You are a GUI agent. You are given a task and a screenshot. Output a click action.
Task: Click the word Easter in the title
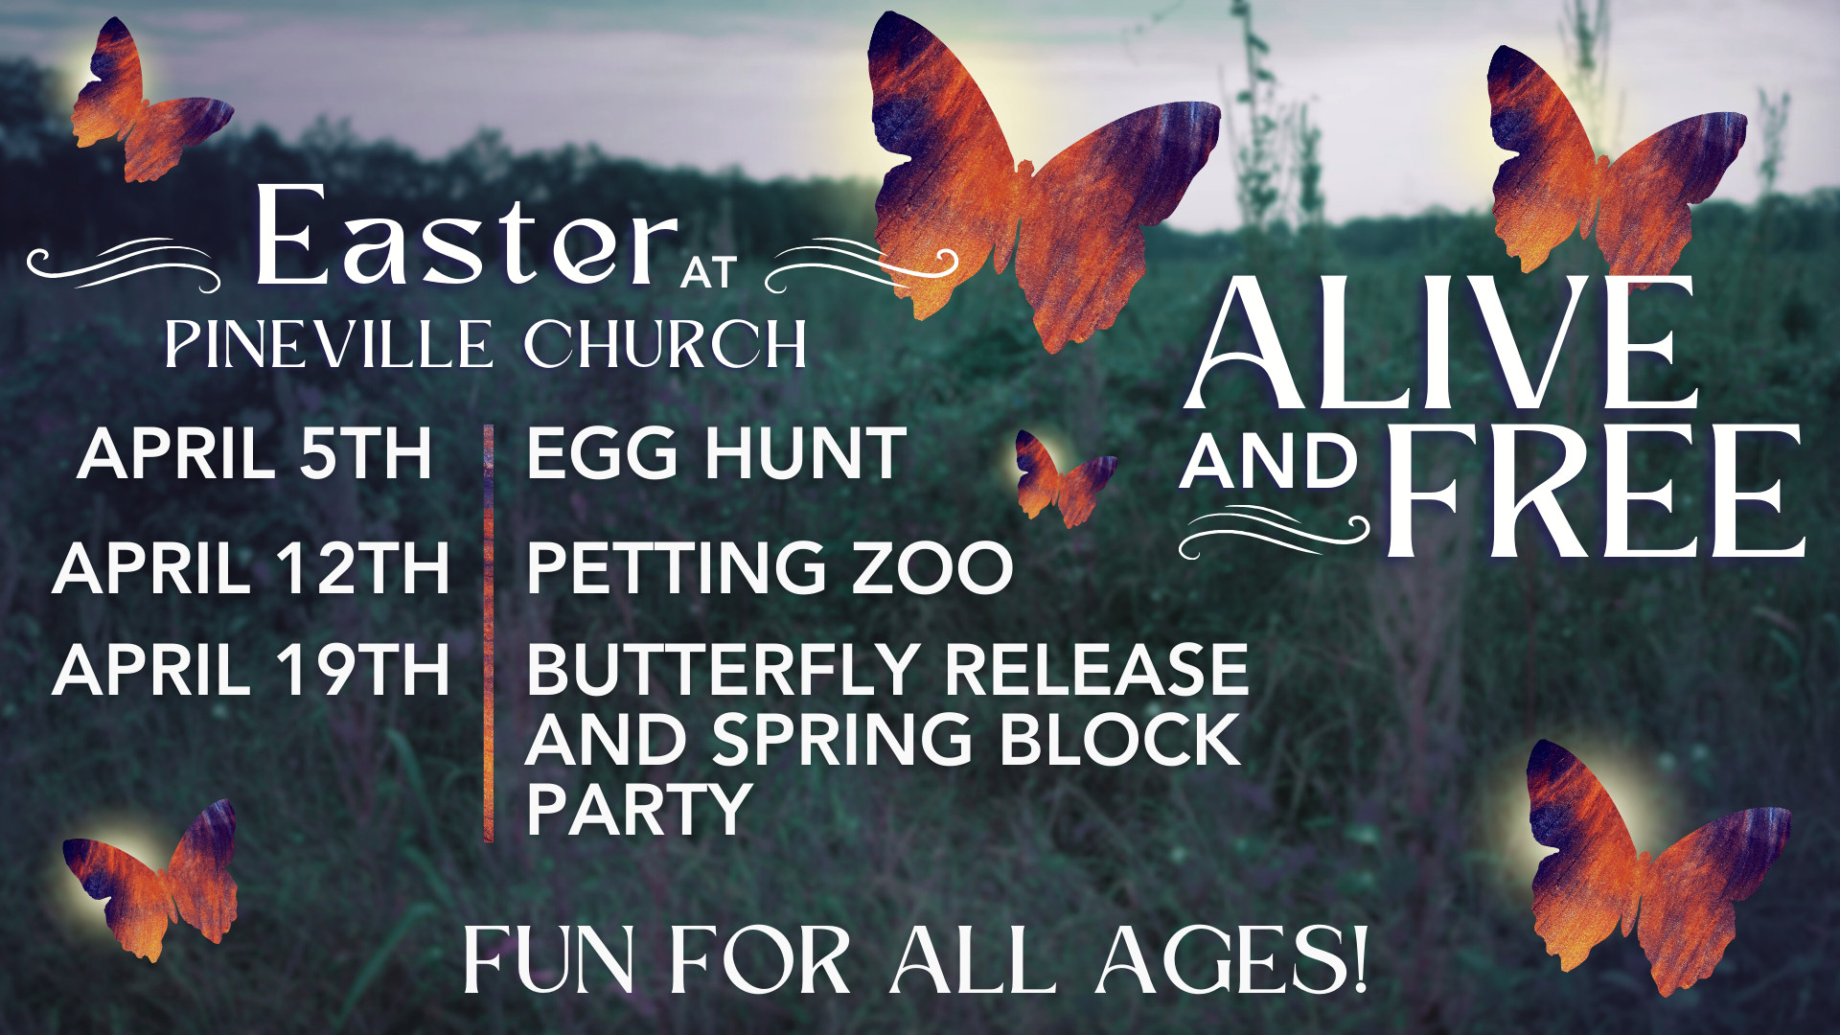pos(466,238)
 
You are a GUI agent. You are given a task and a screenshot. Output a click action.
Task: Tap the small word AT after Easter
pos(708,272)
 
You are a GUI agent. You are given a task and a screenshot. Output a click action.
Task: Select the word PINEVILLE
pos(329,344)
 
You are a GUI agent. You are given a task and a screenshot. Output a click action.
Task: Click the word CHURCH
pos(664,344)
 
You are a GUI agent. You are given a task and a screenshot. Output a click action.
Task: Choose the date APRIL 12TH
pos(251,568)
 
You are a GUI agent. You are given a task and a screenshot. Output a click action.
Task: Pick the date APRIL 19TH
pos(251,670)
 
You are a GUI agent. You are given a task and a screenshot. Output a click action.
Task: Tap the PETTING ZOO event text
pos(770,568)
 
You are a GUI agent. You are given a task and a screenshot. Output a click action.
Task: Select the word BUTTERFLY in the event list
pos(723,670)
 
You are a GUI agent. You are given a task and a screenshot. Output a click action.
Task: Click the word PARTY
pos(638,811)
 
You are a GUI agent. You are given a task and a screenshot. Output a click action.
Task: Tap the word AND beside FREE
pos(1269,463)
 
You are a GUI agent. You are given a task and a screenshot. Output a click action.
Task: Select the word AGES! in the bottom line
pos(1232,961)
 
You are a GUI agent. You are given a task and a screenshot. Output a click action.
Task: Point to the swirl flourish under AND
pos(1274,533)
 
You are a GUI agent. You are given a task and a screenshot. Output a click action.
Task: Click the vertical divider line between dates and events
pos(489,633)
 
